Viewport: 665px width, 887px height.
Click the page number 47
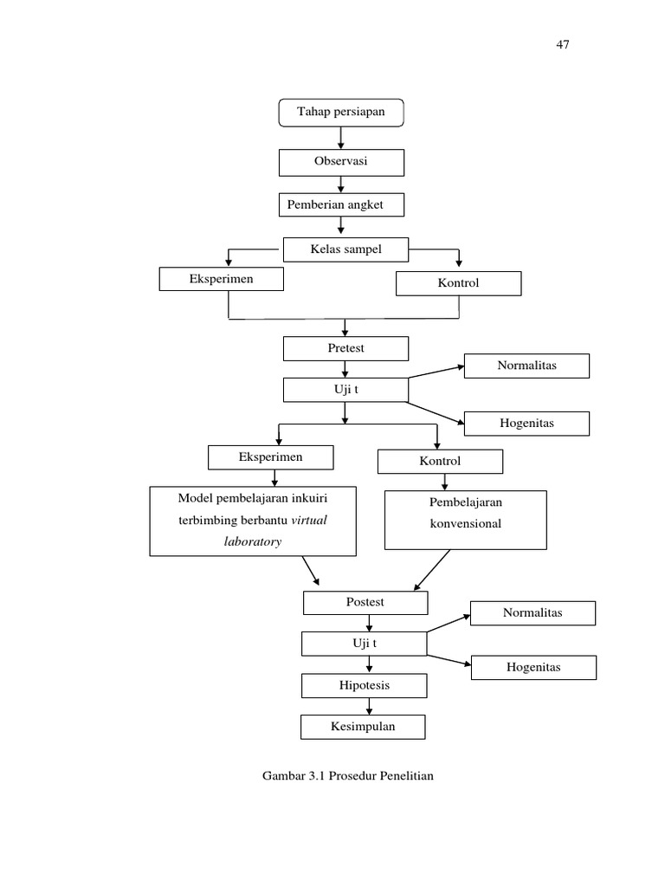tap(562, 45)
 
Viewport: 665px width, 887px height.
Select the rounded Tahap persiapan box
tap(341, 113)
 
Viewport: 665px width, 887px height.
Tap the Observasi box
tap(341, 162)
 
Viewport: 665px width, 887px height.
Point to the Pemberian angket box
tap(341, 204)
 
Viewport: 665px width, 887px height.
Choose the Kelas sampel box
tap(345, 249)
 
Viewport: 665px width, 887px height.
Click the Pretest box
tap(345, 348)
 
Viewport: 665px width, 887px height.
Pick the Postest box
tap(365, 602)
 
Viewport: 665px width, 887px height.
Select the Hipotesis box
tap(365, 685)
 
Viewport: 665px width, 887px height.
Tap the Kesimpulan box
tap(363, 727)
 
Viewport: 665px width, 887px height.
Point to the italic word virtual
tap(310, 521)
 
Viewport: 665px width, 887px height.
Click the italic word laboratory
tap(253, 541)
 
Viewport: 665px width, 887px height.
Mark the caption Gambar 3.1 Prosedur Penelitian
tap(347, 775)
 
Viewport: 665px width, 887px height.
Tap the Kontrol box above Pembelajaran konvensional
tap(440, 462)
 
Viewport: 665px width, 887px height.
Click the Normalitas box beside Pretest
tap(526, 366)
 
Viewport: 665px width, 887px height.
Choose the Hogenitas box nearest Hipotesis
tap(533, 667)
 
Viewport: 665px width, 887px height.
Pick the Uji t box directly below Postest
tap(365, 644)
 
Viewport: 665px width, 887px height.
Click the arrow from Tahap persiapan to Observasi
tap(341, 137)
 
